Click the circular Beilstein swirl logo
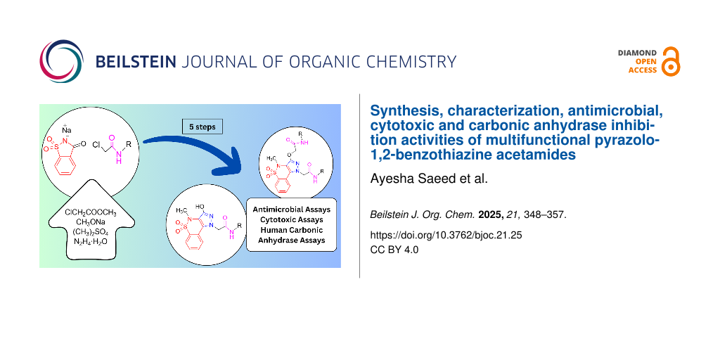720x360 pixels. coord(62,62)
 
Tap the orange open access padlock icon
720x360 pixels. coord(670,62)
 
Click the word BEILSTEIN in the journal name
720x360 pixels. coord(136,62)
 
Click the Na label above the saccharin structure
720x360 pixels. coord(67,130)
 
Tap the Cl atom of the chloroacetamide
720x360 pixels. coord(96,144)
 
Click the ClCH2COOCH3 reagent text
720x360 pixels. coord(90,212)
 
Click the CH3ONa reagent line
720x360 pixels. coord(90,222)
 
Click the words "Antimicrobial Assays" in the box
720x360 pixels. coord(291,210)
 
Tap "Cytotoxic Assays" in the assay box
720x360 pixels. coord(291,219)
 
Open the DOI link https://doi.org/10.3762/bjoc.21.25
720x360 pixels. coord(446,235)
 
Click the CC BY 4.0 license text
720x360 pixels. coord(394,251)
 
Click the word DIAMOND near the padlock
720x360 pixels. coord(637,53)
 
